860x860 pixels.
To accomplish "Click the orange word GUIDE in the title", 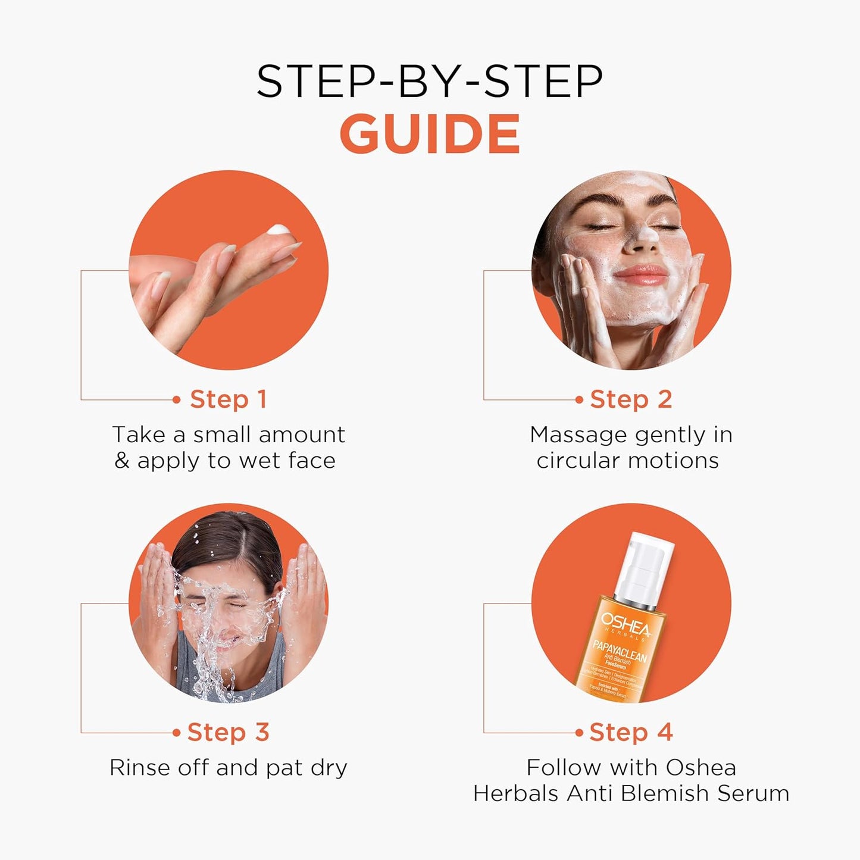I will click(430, 134).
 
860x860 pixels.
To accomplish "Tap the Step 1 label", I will click(228, 399).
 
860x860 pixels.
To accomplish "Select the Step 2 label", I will click(631, 399).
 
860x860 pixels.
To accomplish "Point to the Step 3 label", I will click(228, 732).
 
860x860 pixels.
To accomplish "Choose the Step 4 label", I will click(631, 732).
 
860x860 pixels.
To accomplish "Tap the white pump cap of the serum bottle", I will click(646, 562).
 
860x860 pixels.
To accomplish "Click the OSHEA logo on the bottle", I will click(626, 626).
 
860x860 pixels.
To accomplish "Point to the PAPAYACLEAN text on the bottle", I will click(620, 650).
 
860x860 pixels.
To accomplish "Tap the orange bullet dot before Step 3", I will click(176, 733).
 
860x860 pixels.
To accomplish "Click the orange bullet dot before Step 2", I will click(579, 400).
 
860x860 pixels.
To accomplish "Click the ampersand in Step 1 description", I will click(122, 461).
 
